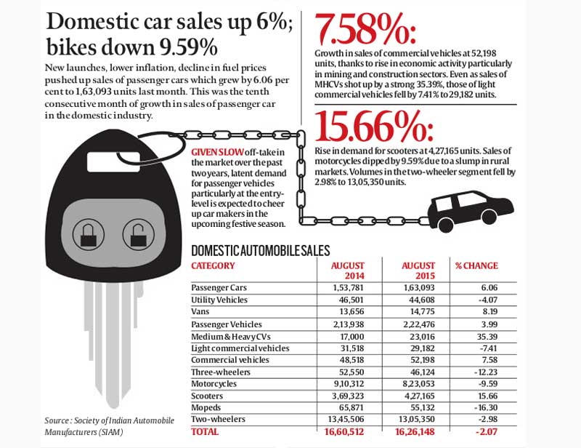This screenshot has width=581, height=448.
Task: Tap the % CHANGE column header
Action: pyautogui.click(x=476, y=266)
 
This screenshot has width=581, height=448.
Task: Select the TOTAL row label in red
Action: pyautogui.click(x=205, y=431)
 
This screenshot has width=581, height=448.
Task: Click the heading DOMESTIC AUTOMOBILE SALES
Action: pyautogui.click(x=260, y=251)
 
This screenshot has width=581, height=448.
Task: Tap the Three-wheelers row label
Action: pyautogui.click(x=221, y=372)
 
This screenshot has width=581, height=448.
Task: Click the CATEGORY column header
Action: pyautogui.click(x=213, y=266)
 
